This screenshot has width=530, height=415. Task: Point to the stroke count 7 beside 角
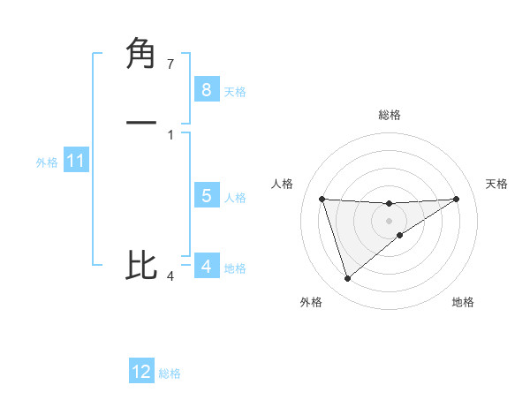point(170,64)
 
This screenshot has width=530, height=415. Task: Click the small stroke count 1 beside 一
point(170,134)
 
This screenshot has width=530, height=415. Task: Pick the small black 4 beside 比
point(170,276)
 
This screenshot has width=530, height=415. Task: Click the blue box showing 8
point(206,89)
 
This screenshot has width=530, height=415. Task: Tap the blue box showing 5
point(206,196)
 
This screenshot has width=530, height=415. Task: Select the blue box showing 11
point(75,161)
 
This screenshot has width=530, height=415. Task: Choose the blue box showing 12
point(141,372)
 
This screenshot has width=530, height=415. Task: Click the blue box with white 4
point(206,266)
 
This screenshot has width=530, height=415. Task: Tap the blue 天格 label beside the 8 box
point(235,91)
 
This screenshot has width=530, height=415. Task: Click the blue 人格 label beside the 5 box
point(235,198)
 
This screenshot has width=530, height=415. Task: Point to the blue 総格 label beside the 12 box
point(170,373)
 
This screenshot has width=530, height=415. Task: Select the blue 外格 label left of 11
point(47,162)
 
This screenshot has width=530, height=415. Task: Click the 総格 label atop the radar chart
point(390,115)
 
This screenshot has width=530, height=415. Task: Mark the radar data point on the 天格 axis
point(456,199)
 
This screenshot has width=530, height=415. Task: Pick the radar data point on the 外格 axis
point(348,279)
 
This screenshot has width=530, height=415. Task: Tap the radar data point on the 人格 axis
point(322,199)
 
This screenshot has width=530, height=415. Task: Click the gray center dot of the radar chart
point(389,220)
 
